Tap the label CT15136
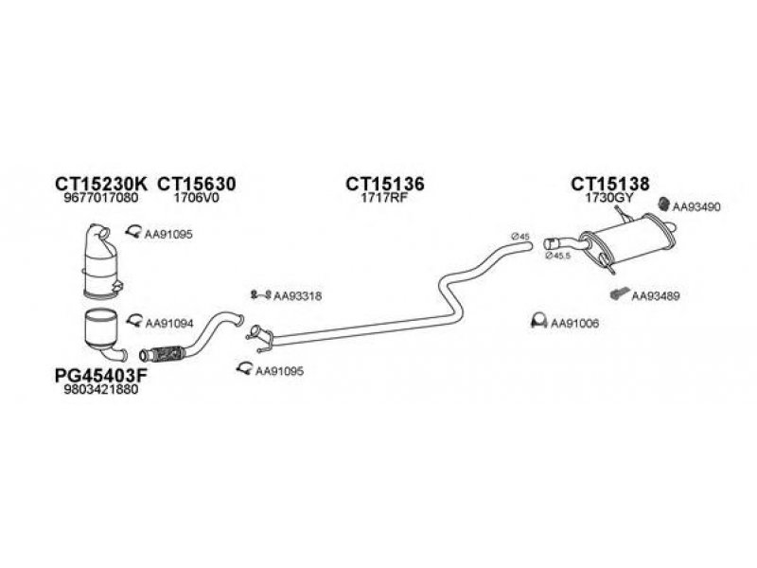click(384, 183)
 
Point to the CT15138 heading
click(609, 183)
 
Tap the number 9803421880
click(98, 389)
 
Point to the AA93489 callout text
click(655, 295)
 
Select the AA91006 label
click(575, 323)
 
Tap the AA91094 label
click(168, 323)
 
